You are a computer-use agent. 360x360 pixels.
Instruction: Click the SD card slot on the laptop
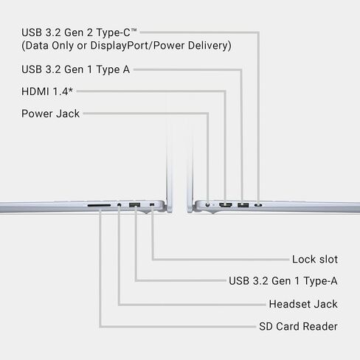pos(99,205)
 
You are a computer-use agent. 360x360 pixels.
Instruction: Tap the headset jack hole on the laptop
pos(120,204)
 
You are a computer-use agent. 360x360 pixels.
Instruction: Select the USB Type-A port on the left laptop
pos(135,204)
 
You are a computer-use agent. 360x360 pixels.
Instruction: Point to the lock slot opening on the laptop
pos(152,204)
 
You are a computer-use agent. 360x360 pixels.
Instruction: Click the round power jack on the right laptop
pos(208,204)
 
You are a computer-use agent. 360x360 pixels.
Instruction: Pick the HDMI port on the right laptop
pos(226,204)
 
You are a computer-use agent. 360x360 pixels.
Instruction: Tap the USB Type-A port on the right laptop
pos(243,205)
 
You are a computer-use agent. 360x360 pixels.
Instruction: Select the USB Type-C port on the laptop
pos(258,205)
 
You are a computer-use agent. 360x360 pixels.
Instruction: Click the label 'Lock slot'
pos(315,260)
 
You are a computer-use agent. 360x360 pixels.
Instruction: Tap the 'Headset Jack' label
pos(303,304)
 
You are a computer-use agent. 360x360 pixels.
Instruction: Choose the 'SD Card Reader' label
pos(298,327)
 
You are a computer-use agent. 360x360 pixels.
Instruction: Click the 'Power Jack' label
pos(51,114)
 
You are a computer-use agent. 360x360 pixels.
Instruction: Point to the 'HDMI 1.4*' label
pos(47,91)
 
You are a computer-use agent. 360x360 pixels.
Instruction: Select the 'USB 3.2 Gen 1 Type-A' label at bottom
pos(283,281)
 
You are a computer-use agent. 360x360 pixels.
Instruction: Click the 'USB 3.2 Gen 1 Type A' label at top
pos(76,69)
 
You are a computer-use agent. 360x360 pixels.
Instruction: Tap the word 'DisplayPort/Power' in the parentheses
pos(137,46)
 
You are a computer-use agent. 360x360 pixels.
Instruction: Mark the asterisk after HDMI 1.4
pos(71,90)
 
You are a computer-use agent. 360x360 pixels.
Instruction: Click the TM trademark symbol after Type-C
pos(134,30)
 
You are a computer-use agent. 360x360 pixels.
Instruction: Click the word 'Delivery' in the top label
pos(210,46)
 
